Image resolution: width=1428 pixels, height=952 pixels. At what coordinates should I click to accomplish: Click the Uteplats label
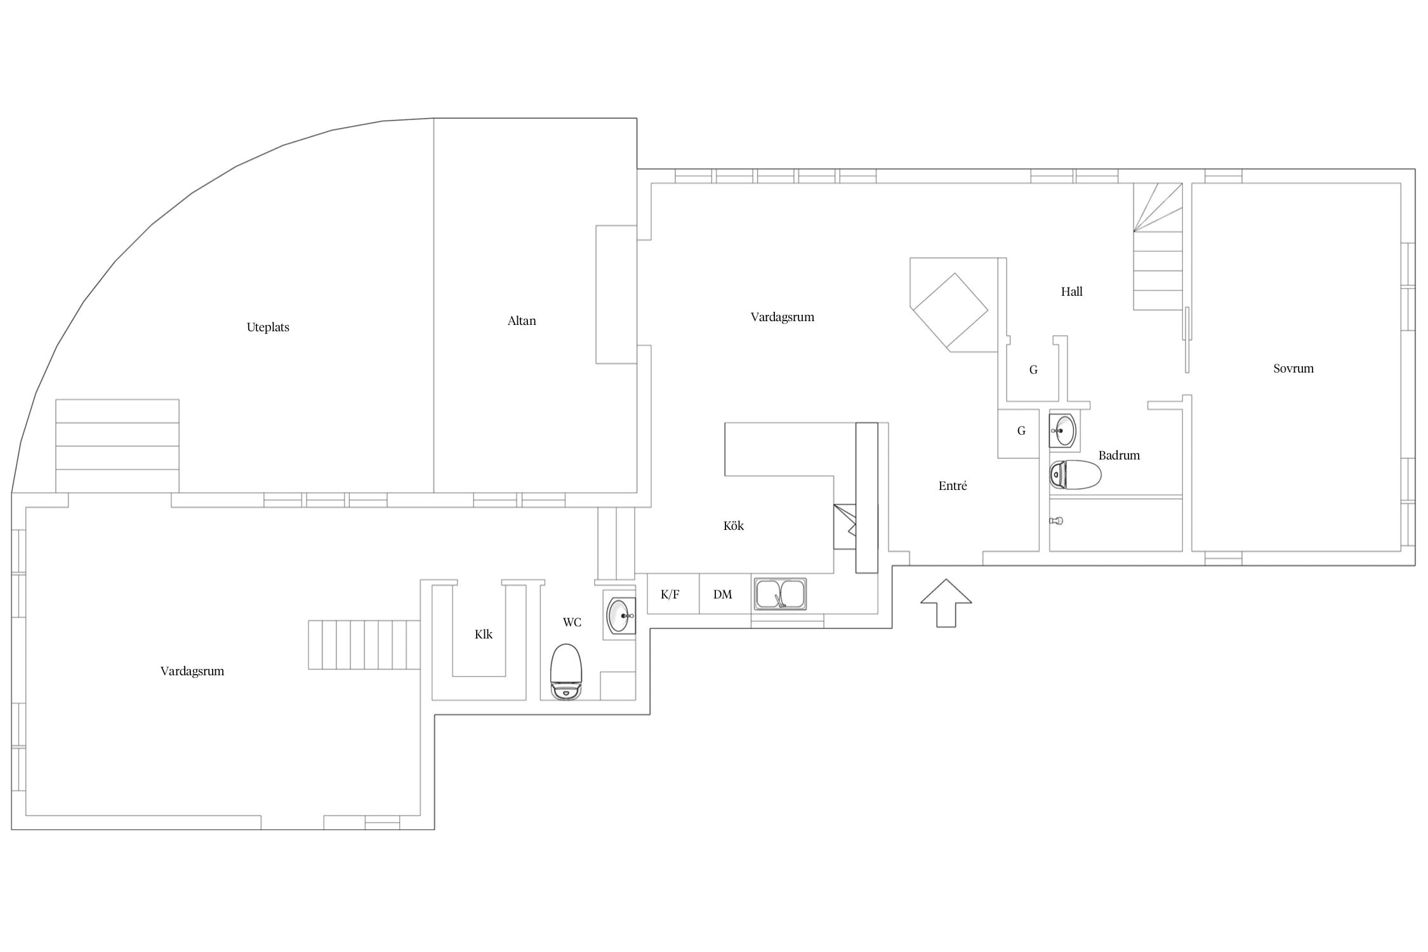point(268,327)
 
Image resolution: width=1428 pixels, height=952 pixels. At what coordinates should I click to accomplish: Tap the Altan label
point(522,321)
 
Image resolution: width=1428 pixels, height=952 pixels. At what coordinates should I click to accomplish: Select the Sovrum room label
point(1293,369)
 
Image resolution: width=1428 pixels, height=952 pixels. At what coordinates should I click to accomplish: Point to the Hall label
point(1072,292)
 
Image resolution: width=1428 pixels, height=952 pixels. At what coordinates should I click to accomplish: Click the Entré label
point(953,486)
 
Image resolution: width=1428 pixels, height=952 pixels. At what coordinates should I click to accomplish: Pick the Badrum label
point(1119,456)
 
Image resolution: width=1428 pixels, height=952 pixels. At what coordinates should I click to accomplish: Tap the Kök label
point(734,526)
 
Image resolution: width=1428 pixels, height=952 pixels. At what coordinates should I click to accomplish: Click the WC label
point(572,623)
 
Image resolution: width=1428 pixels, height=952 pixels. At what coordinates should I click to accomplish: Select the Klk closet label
point(484,635)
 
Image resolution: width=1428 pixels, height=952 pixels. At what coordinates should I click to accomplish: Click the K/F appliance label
point(670,595)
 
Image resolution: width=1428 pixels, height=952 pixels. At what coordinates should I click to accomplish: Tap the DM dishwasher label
point(723,595)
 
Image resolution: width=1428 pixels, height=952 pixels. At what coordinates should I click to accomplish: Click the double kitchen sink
point(781,594)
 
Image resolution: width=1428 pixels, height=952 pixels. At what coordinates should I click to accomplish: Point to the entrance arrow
point(946,603)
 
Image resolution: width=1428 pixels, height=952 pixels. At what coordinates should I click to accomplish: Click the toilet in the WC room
point(566,671)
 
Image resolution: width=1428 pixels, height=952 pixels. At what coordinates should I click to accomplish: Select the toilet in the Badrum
point(1075,475)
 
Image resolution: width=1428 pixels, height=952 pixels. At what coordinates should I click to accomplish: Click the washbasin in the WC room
point(621,615)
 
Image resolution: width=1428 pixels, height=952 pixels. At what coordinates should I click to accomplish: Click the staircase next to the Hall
point(1158,247)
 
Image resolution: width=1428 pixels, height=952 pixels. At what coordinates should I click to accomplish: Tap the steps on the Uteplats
point(117,446)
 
